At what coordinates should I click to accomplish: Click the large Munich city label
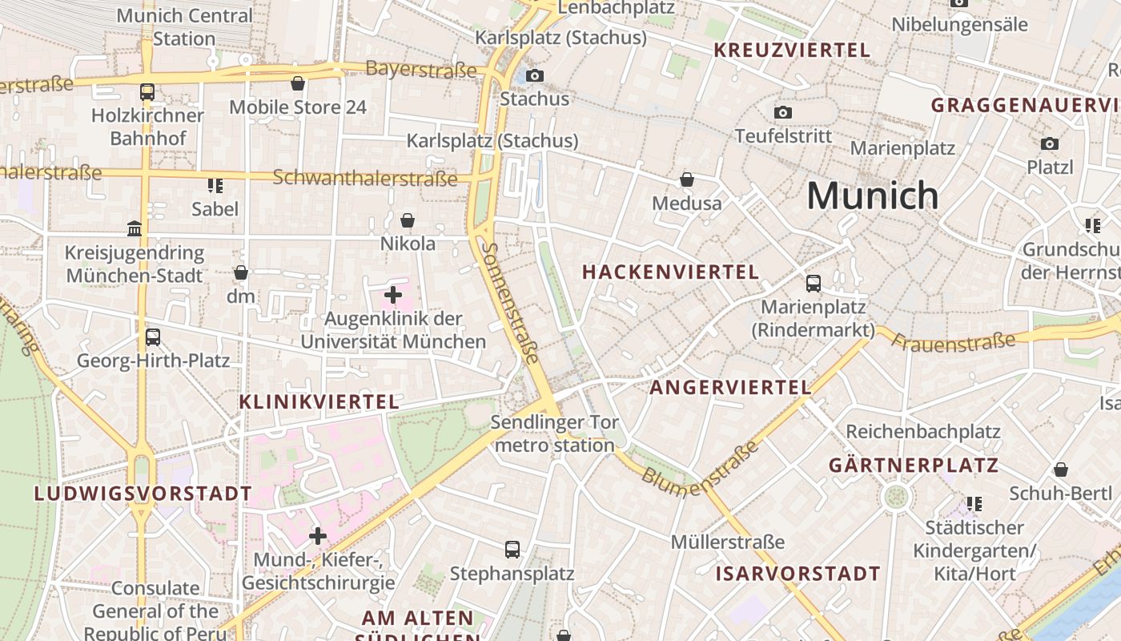pos(872,196)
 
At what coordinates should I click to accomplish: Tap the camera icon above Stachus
pos(534,76)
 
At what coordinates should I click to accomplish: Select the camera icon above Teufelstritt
pos(783,113)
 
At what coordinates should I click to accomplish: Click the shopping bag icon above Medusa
pos(686,179)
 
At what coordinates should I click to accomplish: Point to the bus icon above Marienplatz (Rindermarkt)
pos(814,283)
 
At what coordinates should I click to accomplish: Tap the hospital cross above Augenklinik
pos(392,295)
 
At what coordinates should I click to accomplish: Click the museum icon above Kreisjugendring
pos(135,229)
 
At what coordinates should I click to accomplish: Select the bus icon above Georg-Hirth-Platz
pos(153,337)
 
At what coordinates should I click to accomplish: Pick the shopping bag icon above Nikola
pos(408,220)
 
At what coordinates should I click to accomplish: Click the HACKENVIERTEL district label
pos(670,272)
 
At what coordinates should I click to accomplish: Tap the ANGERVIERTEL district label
pos(730,388)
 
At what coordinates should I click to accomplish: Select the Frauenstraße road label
pos(953,341)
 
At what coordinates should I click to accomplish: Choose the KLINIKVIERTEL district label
pos(319,402)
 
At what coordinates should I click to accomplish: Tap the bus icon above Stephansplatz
pos(512,550)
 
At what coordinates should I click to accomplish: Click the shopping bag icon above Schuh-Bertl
pos(1061,470)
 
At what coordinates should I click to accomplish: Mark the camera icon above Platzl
pos(1049,144)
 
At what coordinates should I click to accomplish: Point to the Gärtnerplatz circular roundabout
pos(897,497)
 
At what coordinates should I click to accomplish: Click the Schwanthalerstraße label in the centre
pos(364,177)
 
